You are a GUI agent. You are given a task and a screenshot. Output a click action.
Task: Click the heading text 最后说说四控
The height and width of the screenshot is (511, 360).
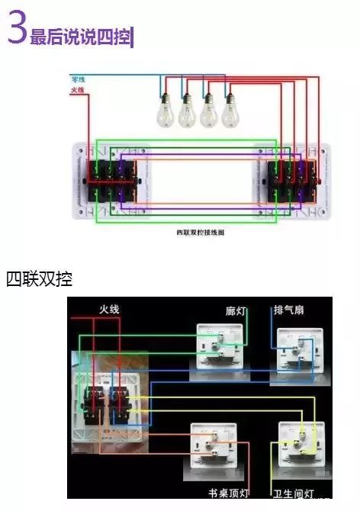81,37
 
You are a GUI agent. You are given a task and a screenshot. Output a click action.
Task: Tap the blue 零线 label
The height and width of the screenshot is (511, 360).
78,79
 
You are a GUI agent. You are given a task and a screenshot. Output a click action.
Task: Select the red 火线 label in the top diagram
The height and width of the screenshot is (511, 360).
77,90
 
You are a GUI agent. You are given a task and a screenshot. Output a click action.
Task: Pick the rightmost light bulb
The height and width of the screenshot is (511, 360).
230,111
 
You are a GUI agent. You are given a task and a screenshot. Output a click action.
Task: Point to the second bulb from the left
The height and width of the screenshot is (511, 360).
187,111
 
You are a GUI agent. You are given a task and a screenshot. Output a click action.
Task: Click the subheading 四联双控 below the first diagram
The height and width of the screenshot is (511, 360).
39,278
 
